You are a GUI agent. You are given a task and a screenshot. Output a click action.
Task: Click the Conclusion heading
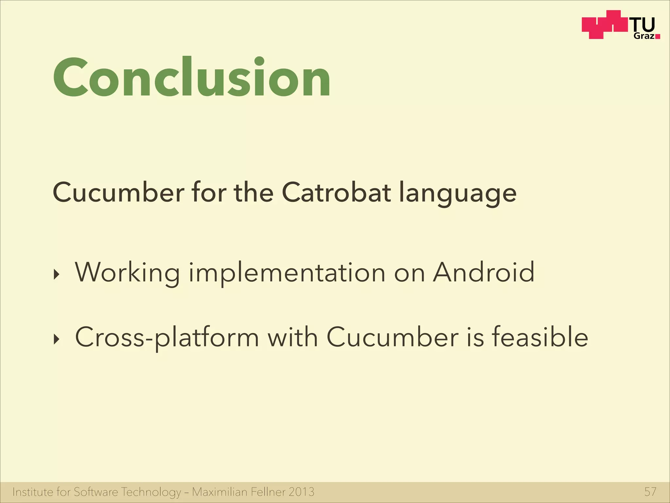coord(192,78)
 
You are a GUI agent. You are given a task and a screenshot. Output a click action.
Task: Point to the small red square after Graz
coord(658,37)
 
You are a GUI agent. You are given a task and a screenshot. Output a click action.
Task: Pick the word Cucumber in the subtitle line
coord(118,193)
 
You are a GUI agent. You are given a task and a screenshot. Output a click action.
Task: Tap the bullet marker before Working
coord(57,275)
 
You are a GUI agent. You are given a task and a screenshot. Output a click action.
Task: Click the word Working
coord(128,273)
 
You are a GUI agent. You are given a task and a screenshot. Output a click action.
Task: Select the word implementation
coord(287,273)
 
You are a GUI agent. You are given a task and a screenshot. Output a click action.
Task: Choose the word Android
coord(484,272)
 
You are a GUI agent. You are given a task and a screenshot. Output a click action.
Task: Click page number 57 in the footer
coord(650,492)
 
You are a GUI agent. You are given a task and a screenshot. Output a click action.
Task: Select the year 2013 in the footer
coord(301,492)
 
